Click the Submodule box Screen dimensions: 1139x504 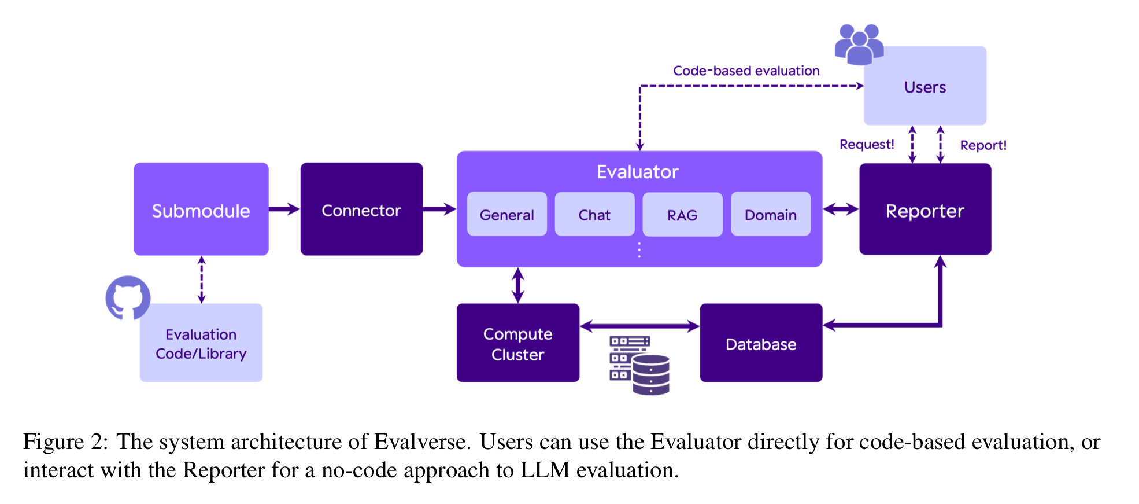click(x=201, y=209)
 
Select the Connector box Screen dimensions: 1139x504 click(x=361, y=209)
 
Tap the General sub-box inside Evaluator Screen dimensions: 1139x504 click(x=507, y=214)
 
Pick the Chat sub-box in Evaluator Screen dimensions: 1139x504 click(x=594, y=214)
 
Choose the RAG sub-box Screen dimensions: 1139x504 click(x=683, y=214)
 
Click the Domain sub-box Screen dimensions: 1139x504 click(x=771, y=214)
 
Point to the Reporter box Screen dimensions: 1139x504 click(x=925, y=209)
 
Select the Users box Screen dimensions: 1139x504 click(x=925, y=86)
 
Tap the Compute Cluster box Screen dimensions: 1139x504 click(x=518, y=343)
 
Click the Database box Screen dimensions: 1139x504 click(x=761, y=343)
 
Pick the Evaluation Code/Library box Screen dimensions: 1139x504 click(x=201, y=343)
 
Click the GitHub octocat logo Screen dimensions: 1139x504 click(x=128, y=297)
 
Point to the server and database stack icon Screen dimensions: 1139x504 click(x=639, y=365)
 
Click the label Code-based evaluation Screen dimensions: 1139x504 click(x=746, y=71)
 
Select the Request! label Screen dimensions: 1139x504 click(x=867, y=144)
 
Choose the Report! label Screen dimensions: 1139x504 click(x=983, y=145)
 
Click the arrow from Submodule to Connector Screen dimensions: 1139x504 click(x=284, y=209)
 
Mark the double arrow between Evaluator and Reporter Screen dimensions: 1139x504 click(x=841, y=209)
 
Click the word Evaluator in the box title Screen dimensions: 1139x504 click(x=638, y=172)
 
